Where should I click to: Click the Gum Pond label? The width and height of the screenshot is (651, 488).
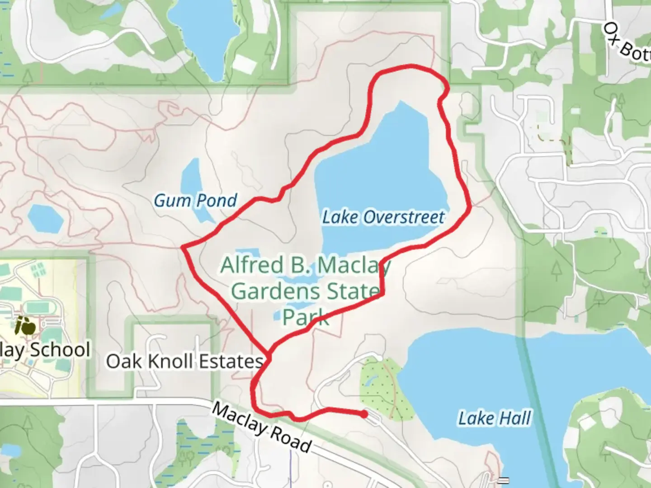point(195,201)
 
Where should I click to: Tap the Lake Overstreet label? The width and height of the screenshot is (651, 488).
point(383,217)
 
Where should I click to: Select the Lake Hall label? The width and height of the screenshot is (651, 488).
point(495,418)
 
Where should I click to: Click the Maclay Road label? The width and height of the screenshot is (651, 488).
point(261,427)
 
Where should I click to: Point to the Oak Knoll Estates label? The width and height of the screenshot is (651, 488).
point(184,361)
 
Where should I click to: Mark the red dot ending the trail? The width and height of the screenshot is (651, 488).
point(364,414)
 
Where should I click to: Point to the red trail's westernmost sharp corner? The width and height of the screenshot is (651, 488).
point(182,247)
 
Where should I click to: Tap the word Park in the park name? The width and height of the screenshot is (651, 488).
point(306,317)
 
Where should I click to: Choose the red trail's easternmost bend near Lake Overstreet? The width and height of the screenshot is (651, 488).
point(471,206)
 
